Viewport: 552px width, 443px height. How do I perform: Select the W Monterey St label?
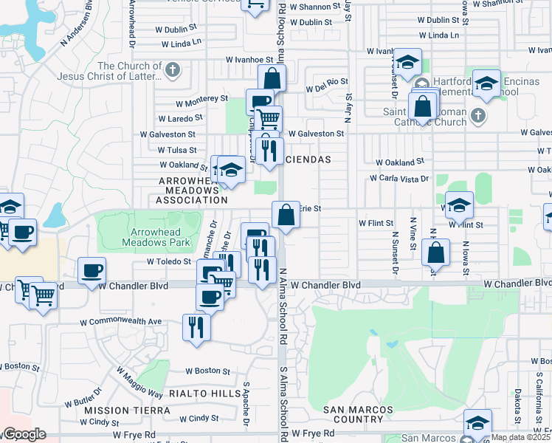(x=201, y=98)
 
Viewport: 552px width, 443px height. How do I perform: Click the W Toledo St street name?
(x=169, y=261)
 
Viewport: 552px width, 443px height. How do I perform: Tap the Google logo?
(x=24, y=435)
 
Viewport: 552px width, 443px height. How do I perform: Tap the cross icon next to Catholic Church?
(x=478, y=115)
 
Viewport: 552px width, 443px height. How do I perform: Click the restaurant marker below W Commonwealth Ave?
(x=196, y=326)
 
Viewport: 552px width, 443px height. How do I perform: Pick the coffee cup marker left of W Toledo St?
(x=93, y=270)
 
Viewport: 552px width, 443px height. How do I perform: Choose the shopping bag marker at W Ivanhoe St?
(x=272, y=78)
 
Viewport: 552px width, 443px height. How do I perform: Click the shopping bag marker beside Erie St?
(x=286, y=215)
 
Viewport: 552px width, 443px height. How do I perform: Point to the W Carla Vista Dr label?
(x=399, y=178)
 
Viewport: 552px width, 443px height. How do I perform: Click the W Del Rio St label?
(x=324, y=82)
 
